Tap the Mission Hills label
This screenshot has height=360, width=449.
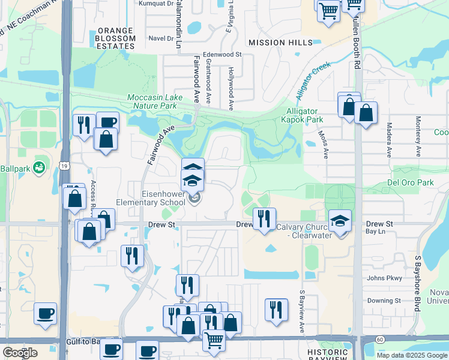point(281,43)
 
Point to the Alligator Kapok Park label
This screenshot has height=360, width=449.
point(304,116)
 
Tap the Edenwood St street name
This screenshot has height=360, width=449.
point(222,54)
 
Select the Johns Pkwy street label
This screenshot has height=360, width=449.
point(384,278)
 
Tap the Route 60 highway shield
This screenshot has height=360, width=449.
point(380,339)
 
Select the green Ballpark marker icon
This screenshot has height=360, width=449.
point(40,167)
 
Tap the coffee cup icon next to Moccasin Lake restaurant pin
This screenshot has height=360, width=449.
point(107,122)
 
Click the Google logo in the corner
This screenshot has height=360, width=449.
point(19,353)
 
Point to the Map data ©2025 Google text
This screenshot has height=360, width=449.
point(411,355)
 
